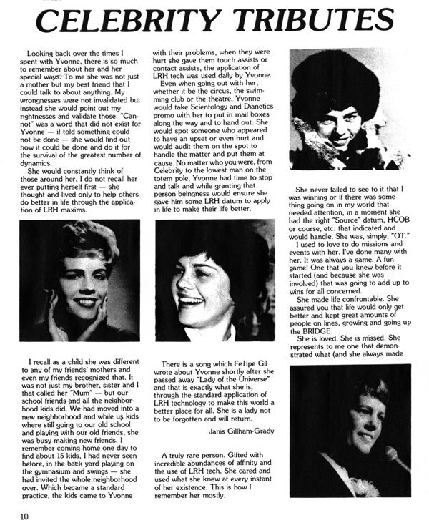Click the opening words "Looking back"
pyautogui.click(x=52, y=54)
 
